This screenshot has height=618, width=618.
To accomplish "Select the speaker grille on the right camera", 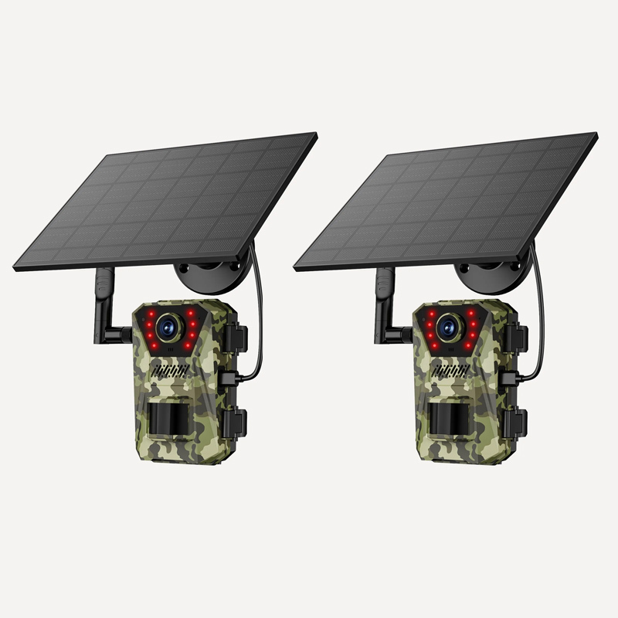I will coord(451,372).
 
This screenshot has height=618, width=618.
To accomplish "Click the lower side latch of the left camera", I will coord(237,422).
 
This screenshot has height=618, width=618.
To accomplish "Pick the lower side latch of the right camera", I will coord(518,422).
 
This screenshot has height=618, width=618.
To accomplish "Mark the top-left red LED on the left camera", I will coord(148,315).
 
